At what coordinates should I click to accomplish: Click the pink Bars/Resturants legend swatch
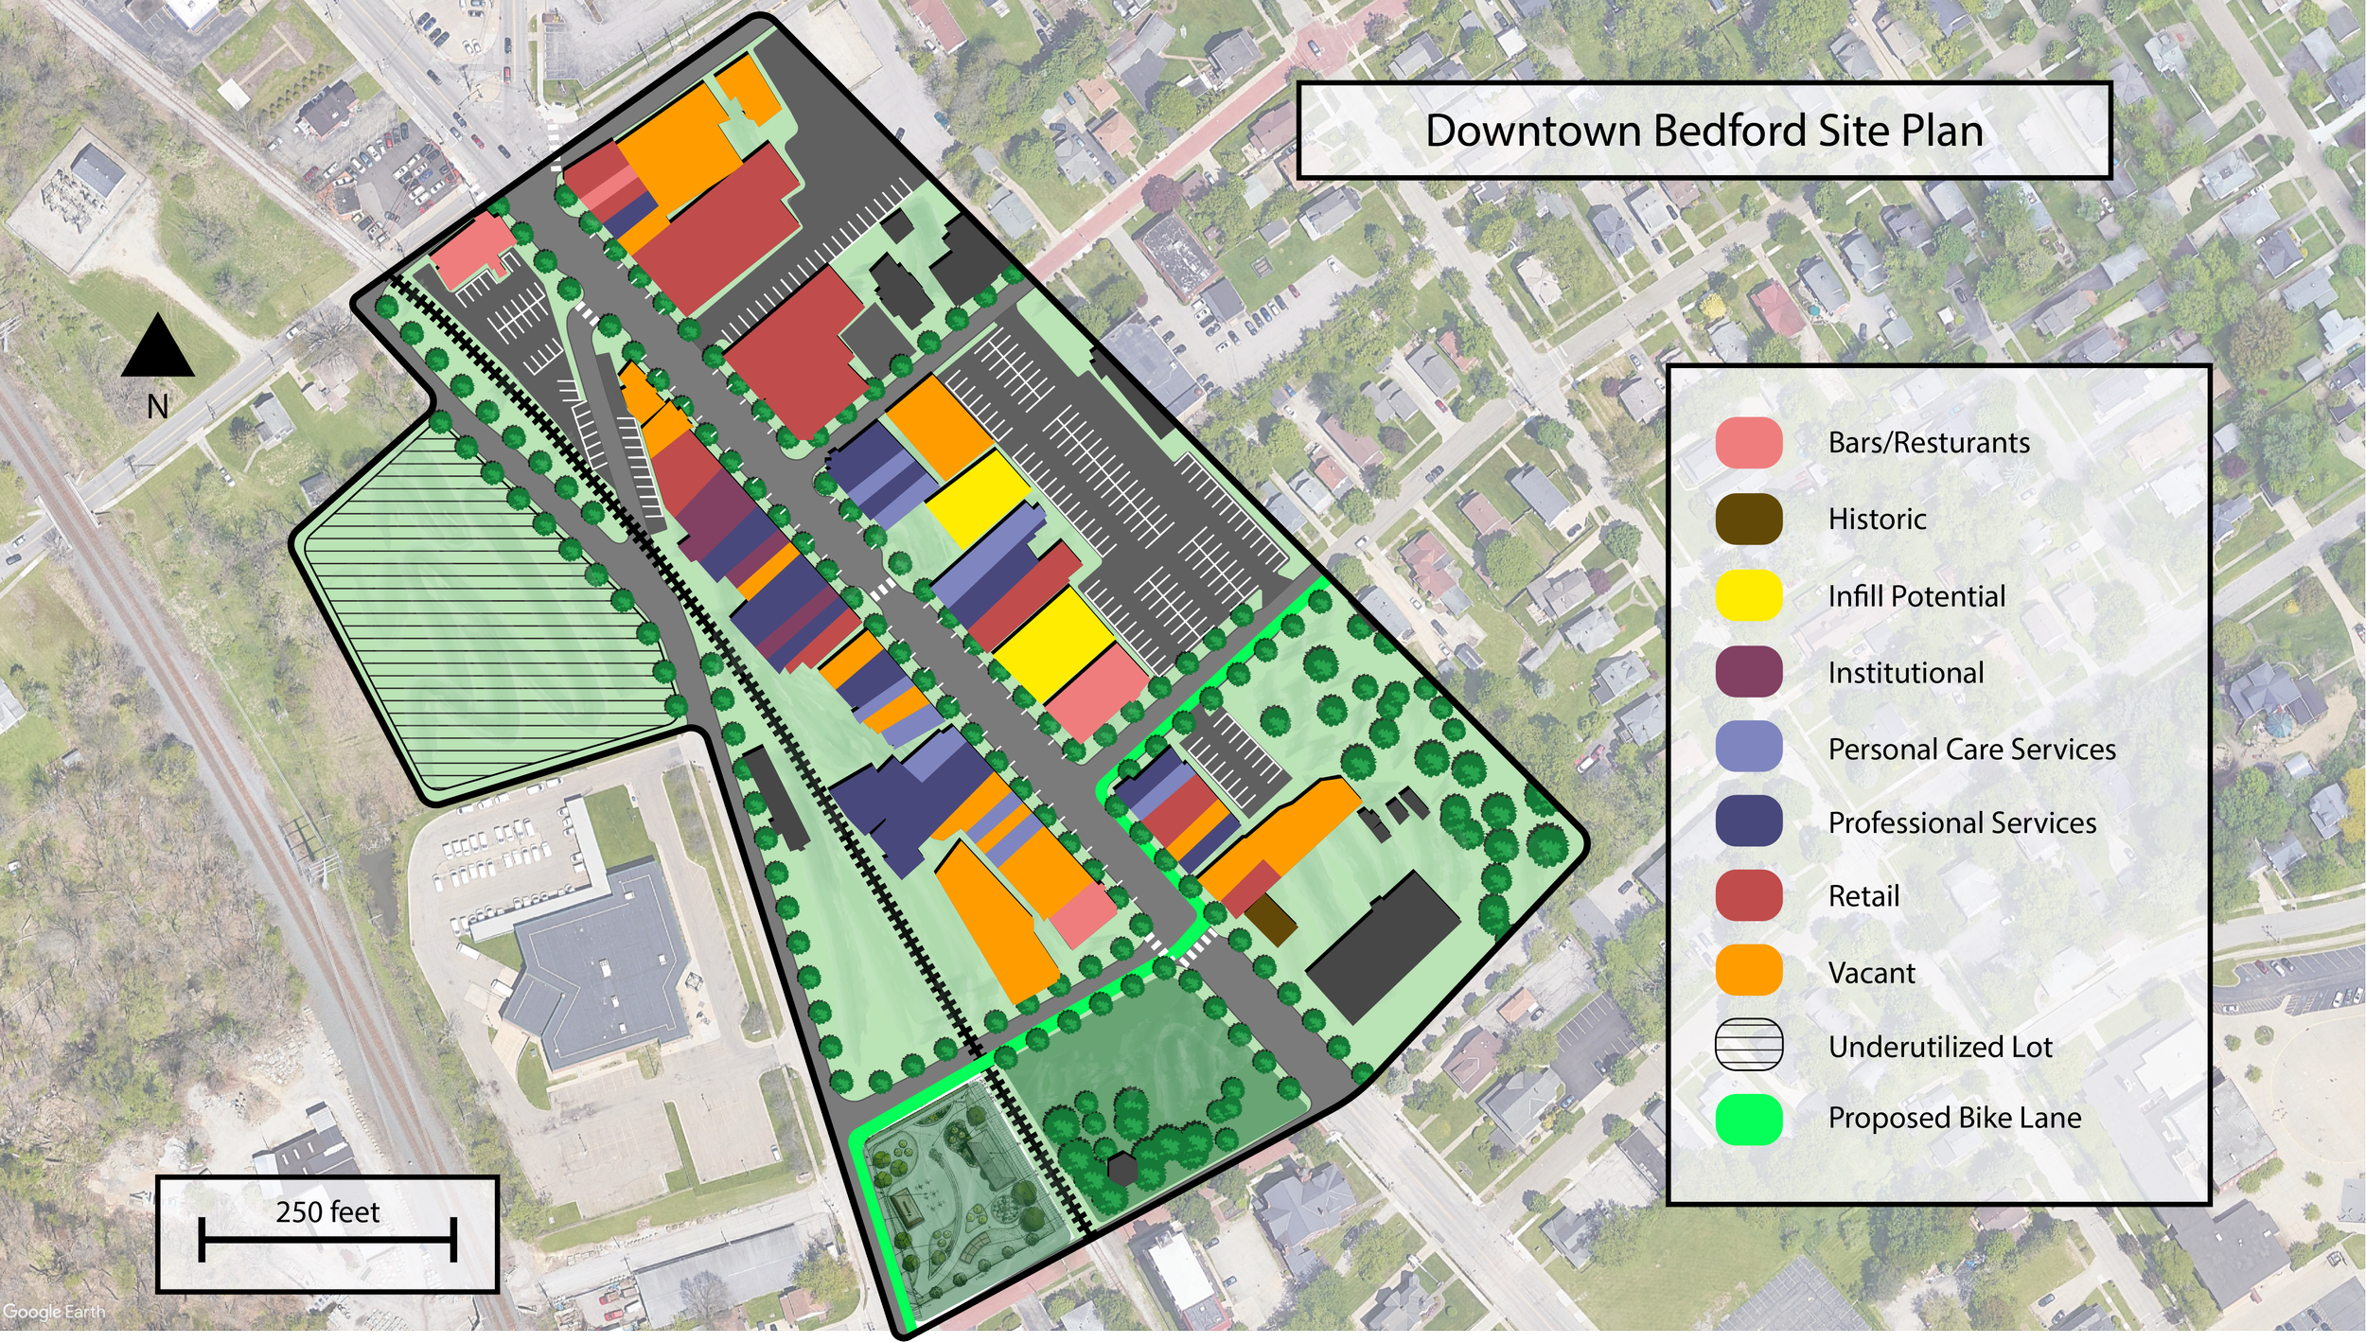[1748, 443]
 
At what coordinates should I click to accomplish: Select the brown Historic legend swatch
[1748, 519]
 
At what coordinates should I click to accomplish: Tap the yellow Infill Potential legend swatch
[1748, 595]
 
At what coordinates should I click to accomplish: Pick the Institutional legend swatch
[1748, 672]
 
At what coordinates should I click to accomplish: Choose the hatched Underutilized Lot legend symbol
[1748, 1045]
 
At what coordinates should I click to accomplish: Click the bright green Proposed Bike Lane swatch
[1748, 1120]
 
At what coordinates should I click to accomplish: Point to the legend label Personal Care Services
[1971, 750]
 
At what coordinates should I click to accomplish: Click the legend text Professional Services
[1962, 823]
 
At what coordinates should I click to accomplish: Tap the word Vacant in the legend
[1871, 973]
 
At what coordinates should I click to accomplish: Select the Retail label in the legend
[1863, 896]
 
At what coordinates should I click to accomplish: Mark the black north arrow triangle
[158, 348]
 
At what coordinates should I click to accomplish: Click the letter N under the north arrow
[158, 407]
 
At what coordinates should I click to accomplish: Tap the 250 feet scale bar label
[327, 1212]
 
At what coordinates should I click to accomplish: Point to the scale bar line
[327, 1239]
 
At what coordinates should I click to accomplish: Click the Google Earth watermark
[53, 1312]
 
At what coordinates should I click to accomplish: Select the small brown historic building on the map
[1269, 920]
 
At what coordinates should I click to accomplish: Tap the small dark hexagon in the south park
[1122, 1170]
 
